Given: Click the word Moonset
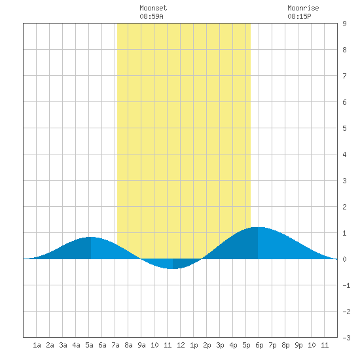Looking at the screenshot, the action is tap(153, 8).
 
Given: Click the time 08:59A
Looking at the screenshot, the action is tap(151, 16).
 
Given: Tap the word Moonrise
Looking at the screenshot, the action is tap(303, 8).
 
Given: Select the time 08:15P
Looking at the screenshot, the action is tap(299, 16).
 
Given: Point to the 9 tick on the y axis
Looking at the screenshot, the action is tap(344, 24).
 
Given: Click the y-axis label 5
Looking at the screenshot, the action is tap(344, 128).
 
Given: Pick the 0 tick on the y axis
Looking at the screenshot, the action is tap(344, 259).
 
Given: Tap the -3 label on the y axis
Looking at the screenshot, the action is tap(346, 338).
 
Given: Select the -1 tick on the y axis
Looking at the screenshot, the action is tap(346, 285).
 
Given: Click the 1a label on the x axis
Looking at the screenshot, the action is tap(37, 345).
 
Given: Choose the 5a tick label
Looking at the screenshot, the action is tap(89, 345).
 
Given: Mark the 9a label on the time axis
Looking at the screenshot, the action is tap(141, 345).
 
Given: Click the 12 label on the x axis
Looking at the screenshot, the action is tap(181, 345).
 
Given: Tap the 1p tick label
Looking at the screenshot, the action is tap(194, 345).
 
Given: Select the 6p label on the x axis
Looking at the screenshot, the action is tap(259, 345).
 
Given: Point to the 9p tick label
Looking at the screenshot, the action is tap(298, 345).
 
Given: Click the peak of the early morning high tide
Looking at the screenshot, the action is tap(91, 237).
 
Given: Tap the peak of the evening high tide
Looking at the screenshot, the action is tap(258, 227).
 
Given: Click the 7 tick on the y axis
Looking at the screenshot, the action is tap(344, 76).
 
